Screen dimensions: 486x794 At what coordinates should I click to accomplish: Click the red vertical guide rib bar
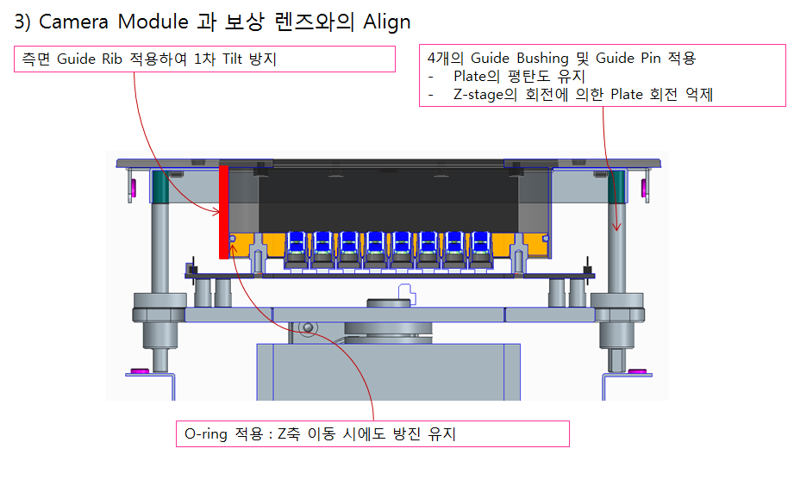[224, 211]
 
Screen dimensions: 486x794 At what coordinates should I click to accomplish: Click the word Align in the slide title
[386, 22]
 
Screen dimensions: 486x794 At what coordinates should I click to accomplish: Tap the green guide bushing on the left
[159, 186]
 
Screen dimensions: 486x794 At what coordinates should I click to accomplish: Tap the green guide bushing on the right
[617, 186]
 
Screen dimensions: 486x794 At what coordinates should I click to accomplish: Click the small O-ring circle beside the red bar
[233, 240]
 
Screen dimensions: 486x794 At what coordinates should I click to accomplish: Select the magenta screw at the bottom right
[638, 371]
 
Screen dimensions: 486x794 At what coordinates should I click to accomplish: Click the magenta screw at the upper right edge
[645, 187]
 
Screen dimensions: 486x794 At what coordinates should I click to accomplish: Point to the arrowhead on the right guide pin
[617, 228]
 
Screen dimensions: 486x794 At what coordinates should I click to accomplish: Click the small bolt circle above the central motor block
[308, 327]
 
